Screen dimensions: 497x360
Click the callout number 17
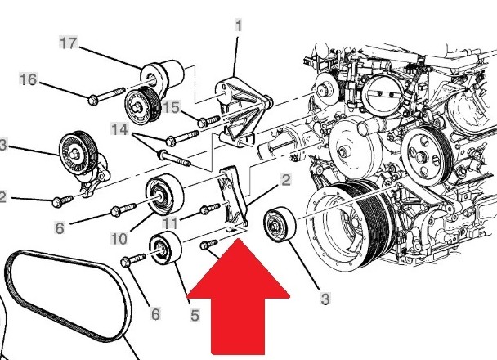(x=69, y=43)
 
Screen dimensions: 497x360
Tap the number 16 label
(x=29, y=79)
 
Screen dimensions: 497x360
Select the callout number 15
(x=171, y=107)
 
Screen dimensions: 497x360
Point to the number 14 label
(x=119, y=129)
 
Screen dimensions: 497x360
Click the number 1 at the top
(x=239, y=25)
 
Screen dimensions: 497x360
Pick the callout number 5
(x=195, y=315)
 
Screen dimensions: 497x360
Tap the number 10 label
(x=119, y=239)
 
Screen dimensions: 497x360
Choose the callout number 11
(x=170, y=223)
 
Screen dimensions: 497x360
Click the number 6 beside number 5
(x=155, y=314)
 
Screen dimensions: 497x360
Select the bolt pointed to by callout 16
(x=106, y=96)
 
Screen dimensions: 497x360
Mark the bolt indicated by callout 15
(x=208, y=121)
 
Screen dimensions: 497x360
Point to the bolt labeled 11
(x=210, y=209)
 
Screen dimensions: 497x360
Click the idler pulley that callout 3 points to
(x=280, y=224)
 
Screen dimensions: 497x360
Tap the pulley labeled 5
(x=165, y=248)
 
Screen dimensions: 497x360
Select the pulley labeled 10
(x=164, y=195)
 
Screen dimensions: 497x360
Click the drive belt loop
(x=68, y=295)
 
